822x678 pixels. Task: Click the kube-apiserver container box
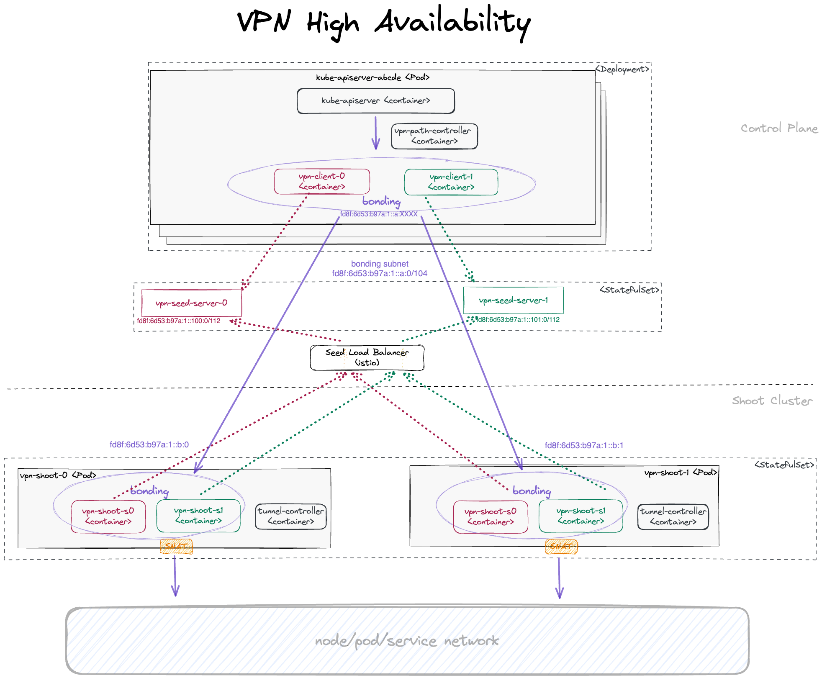(x=375, y=101)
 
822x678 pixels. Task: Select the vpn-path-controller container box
(x=434, y=136)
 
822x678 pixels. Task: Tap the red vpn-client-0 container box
(x=321, y=182)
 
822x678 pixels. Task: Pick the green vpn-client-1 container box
(x=451, y=182)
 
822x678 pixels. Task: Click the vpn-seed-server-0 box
(x=191, y=303)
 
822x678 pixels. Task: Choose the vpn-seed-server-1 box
(x=513, y=300)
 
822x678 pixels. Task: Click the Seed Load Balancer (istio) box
(x=367, y=357)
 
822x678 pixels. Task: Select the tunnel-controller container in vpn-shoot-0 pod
(x=290, y=516)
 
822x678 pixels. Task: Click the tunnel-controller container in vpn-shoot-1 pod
(x=673, y=517)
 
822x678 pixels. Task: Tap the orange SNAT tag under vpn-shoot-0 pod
(x=176, y=547)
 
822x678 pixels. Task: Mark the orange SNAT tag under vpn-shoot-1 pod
(x=561, y=547)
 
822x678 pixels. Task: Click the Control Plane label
(x=779, y=128)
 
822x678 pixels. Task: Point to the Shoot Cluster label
(x=772, y=401)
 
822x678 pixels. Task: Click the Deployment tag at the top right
(x=622, y=69)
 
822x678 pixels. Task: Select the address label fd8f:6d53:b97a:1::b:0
(x=149, y=444)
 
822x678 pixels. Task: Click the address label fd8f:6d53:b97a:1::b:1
(x=584, y=445)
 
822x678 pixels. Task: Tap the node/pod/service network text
(x=406, y=641)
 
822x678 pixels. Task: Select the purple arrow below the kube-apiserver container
(x=375, y=133)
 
